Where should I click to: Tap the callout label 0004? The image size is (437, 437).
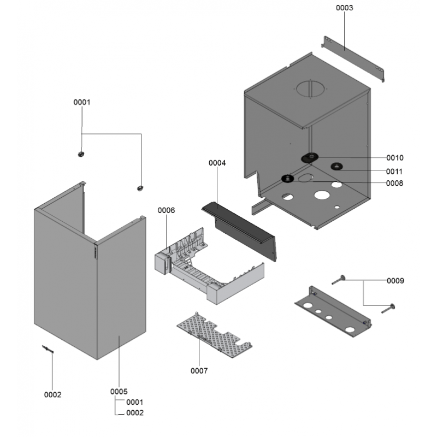pos(217,163)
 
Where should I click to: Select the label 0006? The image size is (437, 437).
pos(166,210)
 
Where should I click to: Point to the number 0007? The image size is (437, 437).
pos(199,371)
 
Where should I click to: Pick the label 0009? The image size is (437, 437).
pos(395,281)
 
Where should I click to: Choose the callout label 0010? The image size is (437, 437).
pos(394,158)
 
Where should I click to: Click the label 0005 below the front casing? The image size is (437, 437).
pos(119,391)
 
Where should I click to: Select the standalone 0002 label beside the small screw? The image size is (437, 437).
pos(53,394)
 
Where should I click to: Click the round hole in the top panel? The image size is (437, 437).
pos(311,88)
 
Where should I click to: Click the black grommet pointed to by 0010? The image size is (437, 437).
pos(309,158)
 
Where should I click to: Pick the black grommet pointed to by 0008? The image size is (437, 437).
pos(287,178)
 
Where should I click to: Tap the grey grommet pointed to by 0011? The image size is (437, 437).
pos(335,166)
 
